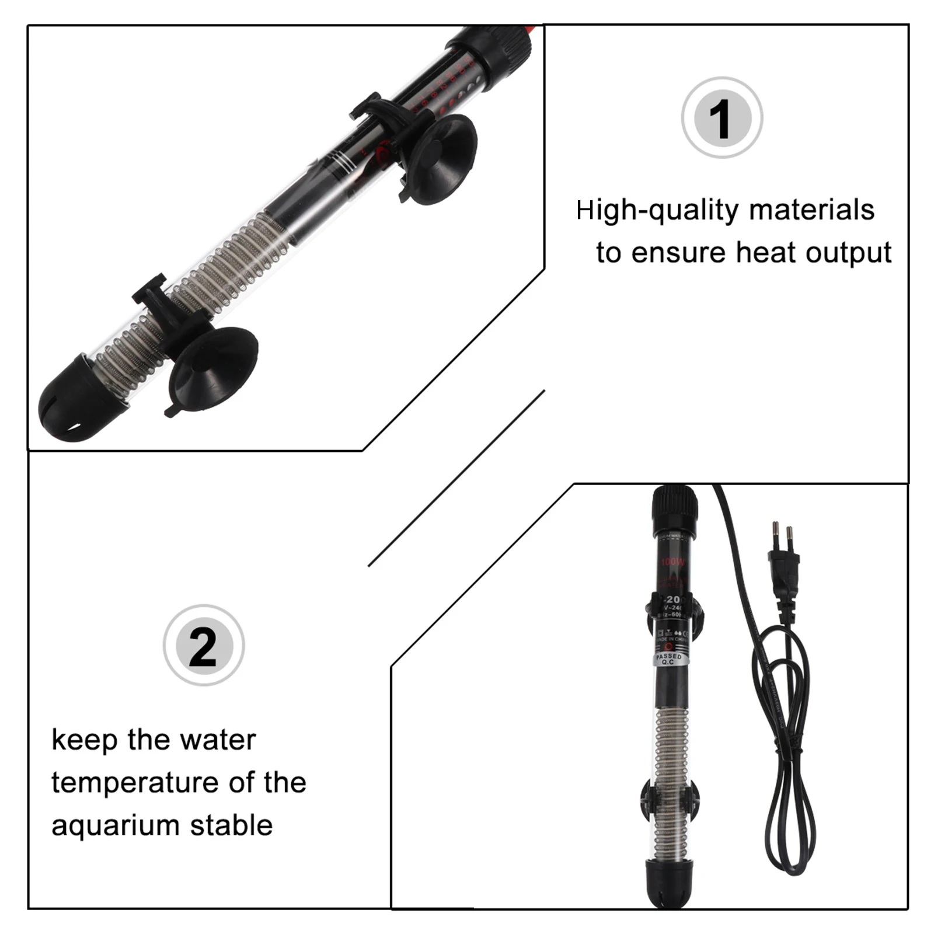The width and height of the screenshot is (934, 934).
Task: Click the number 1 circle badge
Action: pos(722,118)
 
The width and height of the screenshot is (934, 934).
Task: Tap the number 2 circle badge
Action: pos(203,646)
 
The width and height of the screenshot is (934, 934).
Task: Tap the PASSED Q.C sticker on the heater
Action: pos(668,660)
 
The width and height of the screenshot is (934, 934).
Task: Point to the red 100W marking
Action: pos(672,562)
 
